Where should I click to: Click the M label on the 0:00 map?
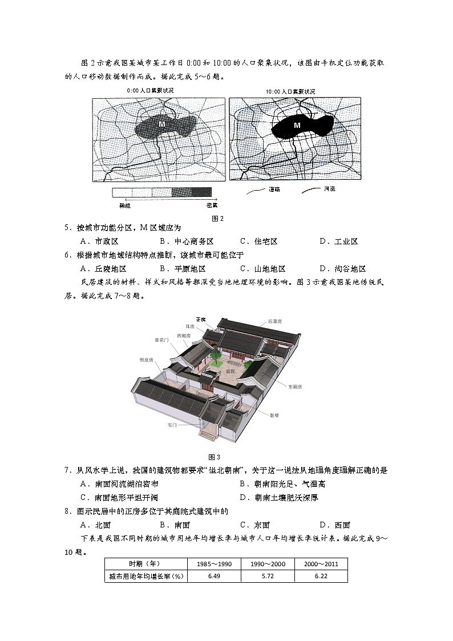point(161,124)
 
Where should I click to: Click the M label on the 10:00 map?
point(297,125)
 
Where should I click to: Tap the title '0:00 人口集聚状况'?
point(150,91)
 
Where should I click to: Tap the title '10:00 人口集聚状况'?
point(290,91)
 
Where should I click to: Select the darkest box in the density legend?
point(201,192)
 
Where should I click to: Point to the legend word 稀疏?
point(125,204)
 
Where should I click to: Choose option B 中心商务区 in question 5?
point(186,241)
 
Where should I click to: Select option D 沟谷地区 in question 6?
point(342,269)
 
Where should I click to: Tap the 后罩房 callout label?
point(275,321)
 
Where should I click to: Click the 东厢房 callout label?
point(295,386)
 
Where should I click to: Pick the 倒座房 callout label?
point(146,360)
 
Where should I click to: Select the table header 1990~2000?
point(268,563)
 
